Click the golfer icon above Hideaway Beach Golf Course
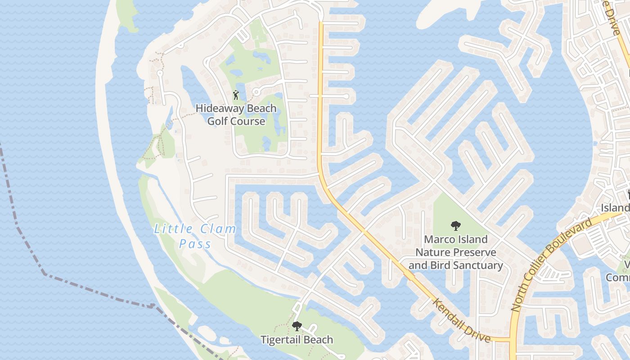click(236, 95)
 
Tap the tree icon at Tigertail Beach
click(297, 326)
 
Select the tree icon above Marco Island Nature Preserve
click(455, 225)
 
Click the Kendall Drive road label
click(462, 319)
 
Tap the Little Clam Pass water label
click(195, 236)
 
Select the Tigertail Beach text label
click(297, 339)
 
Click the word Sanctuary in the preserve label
click(479, 265)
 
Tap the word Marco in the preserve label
click(438, 239)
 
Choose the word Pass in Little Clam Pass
click(195, 244)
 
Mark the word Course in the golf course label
click(250, 121)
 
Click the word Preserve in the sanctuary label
click(472, 252)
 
